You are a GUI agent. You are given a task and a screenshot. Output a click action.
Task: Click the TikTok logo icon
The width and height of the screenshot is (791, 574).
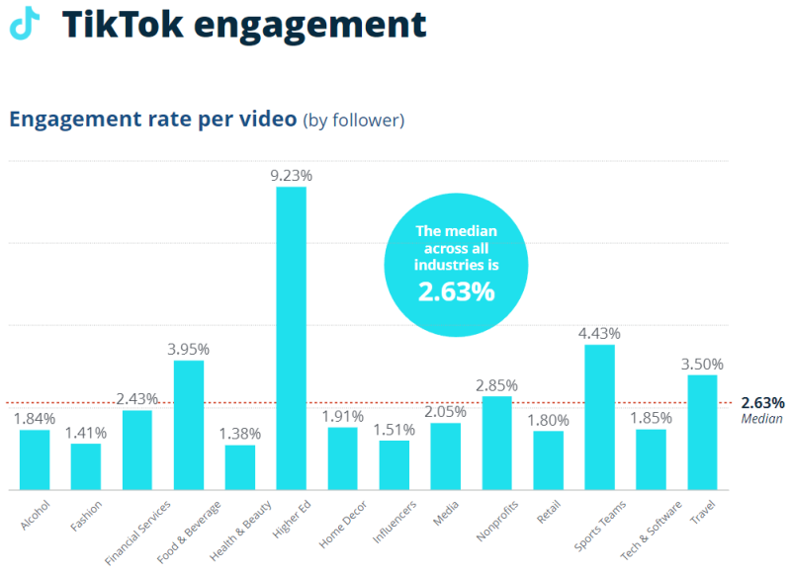25,23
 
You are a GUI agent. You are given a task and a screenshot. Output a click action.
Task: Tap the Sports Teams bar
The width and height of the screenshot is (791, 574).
599,416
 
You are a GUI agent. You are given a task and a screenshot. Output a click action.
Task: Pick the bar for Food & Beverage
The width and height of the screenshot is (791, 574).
189,425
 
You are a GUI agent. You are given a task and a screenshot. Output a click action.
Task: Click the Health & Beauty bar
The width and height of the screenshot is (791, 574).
240,466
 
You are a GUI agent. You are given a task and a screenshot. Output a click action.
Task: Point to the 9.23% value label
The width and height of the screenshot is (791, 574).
291,175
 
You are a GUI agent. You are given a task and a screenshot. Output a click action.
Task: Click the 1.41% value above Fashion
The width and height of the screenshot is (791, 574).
86,431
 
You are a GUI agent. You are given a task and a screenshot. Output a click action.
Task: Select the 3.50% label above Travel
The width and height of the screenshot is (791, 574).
702,364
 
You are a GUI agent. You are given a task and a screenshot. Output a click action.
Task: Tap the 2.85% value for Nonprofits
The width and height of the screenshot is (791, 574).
496,384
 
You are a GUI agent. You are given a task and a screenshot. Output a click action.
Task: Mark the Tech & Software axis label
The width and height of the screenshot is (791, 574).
644,529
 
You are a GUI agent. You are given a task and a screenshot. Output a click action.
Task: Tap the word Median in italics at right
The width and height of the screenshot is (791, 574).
761,419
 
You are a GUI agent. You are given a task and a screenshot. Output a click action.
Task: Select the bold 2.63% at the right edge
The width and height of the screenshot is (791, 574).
762,402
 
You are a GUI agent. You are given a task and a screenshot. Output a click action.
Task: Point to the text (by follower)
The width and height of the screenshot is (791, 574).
353,121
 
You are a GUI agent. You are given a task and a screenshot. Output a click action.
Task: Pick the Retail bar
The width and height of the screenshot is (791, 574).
548,459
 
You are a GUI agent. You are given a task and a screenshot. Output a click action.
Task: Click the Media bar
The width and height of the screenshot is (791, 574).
445,455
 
